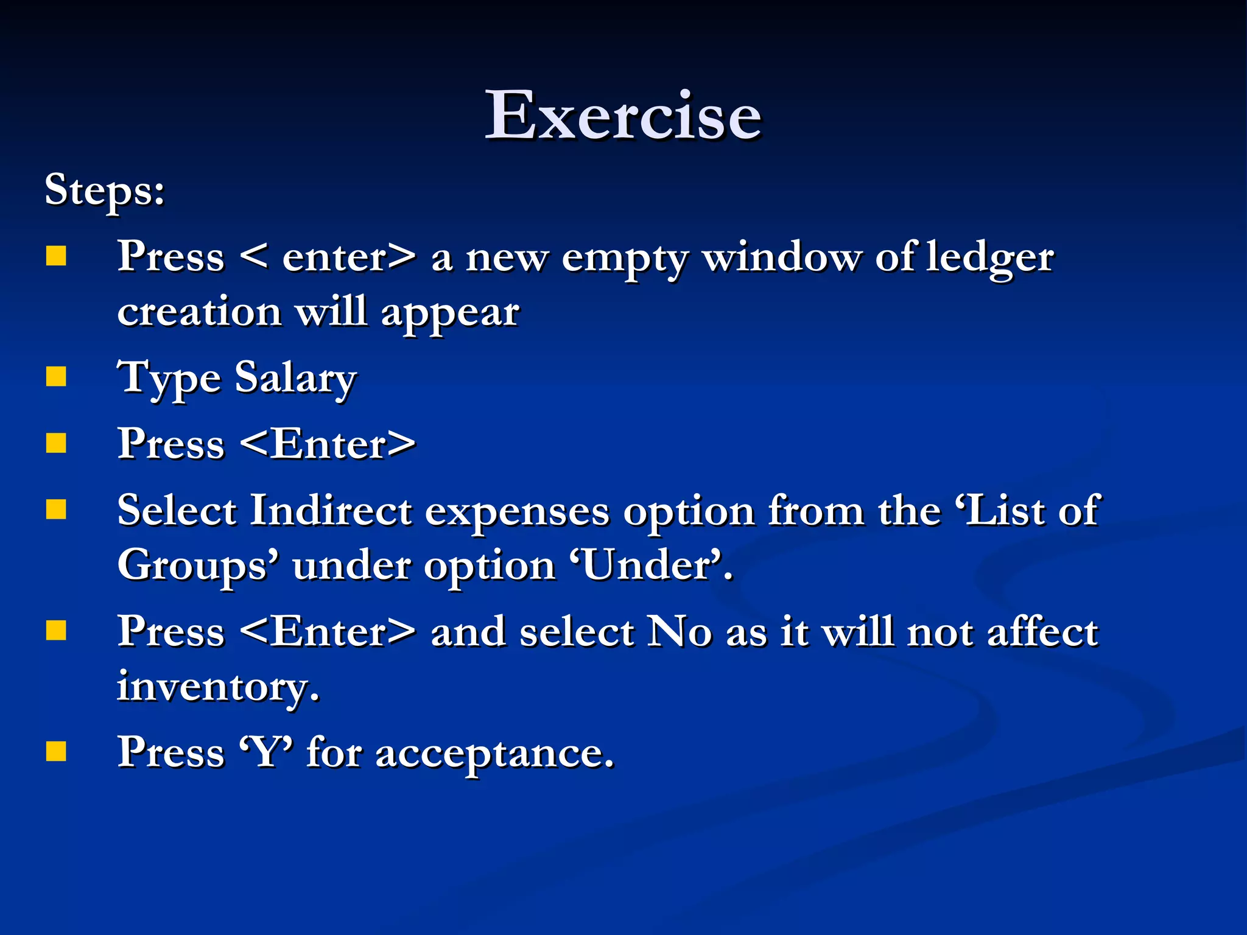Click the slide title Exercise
(623, 115)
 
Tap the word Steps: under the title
(105, 190)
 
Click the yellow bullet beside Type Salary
(56, 377)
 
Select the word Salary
(295, 379)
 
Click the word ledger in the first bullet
(990, 258)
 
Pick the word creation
(199, 312)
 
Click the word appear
(450, 314)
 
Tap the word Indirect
(331, 510)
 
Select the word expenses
(517, 513)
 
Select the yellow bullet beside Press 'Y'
(56, 751)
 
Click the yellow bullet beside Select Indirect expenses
(56, 510)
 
